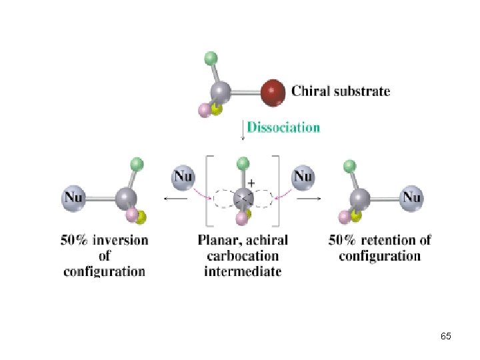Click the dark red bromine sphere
tap(272, 93)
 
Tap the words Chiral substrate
tap(341, 91)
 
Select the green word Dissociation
tap(283, 127)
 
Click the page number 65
tap(446, 337)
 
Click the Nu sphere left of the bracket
tap(183, 177)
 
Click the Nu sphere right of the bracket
tap(303, 177)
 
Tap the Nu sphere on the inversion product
tap(75, 197)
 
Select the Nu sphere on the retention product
tap(411, 197)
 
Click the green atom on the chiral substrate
tap(211, 58)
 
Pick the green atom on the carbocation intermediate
tap(243, 163)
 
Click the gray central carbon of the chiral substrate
tap(221, 92)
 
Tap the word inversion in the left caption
tap(121, 240)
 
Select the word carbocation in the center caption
tap(243, 256)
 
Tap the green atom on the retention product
tap(348, 166)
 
